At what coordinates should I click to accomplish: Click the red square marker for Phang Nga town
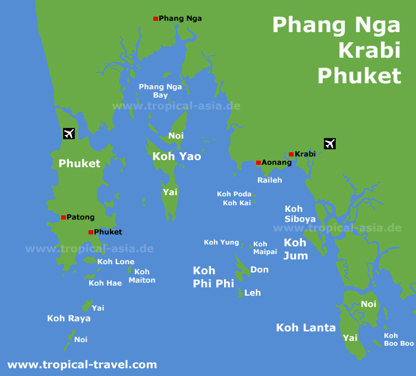pos(156,19)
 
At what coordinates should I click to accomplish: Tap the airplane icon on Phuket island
pos(68,133)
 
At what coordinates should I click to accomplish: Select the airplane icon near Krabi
pos(330,143)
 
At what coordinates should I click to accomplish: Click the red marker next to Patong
pos(64,217)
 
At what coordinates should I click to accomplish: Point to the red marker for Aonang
pos(259,162)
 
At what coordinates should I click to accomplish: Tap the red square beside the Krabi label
pos(291,154)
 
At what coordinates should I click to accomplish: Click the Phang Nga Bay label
pos(160,90)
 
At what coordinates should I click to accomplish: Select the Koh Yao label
pos(177,156)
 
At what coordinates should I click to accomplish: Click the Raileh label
pos(270,180)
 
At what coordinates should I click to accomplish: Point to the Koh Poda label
pos(234,194)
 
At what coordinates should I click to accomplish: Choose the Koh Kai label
pos(236,203)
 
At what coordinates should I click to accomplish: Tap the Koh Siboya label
pos(300,214)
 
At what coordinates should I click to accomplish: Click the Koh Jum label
pos(295,249)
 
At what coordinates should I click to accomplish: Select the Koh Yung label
pos(221,242)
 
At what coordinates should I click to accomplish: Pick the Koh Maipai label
pos(265,247)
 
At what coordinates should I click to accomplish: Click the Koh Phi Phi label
pos(213,277)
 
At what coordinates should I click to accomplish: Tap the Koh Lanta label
pos(306,327)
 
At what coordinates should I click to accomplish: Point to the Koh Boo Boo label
pos(399,339)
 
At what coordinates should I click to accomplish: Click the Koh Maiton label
pos(142,276)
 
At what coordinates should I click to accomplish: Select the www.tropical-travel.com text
pos(82,365)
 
